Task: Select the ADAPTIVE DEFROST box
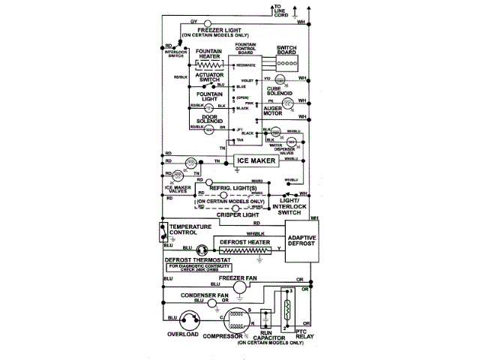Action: tap(303, 248)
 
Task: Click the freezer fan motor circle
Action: tap(238, 287)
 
